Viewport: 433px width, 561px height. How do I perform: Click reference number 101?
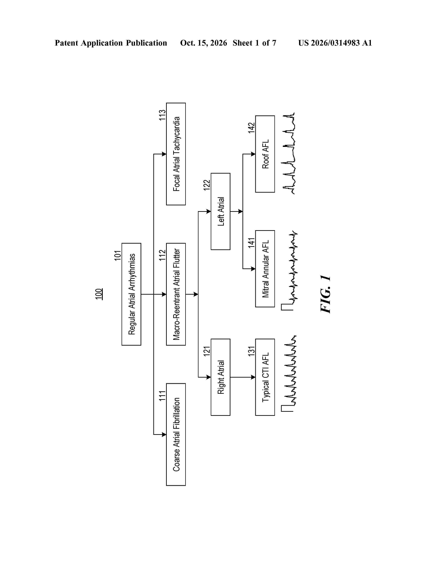(118, 256)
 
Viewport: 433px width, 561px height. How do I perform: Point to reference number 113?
(162, 115)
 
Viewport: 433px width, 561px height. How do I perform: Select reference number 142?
(251, 128)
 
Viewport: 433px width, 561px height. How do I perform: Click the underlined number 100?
(99, 294)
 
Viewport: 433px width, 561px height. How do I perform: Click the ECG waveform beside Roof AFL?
(289, 153)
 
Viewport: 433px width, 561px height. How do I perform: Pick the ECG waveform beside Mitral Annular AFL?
(289, 270)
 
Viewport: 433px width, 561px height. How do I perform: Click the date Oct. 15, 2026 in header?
(203, 43)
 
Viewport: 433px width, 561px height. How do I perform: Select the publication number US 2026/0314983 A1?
(335, 43)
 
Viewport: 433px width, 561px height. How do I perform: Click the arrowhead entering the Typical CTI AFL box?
(253, 377)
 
